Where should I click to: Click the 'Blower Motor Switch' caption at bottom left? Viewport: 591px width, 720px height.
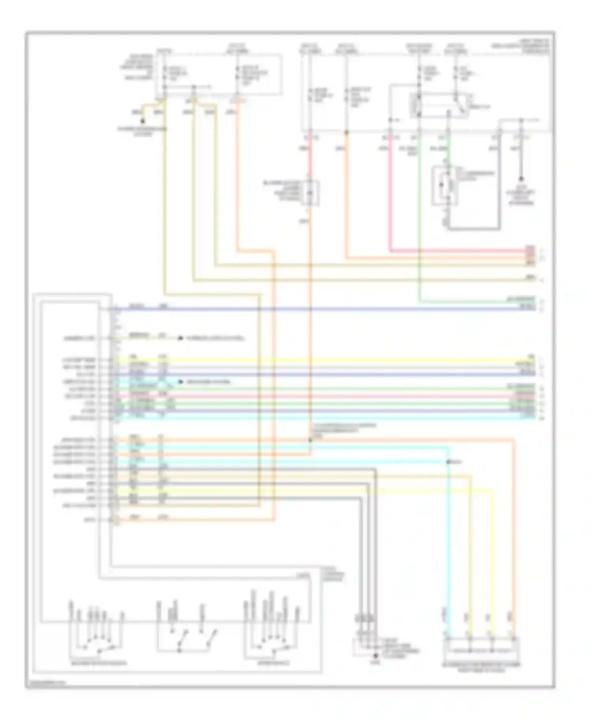[x=98, y=663]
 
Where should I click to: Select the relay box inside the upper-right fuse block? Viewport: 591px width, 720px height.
[x=439, y=106]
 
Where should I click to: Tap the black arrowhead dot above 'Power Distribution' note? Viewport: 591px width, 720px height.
[x=143, y=121]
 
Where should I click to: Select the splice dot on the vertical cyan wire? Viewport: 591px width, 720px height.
[x=448, y=462]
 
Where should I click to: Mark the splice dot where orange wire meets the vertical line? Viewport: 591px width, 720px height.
[x=310, y=440]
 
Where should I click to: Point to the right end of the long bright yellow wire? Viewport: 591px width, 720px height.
[x=530, y=360]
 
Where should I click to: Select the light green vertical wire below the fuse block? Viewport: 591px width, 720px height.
[x=420, y=221]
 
